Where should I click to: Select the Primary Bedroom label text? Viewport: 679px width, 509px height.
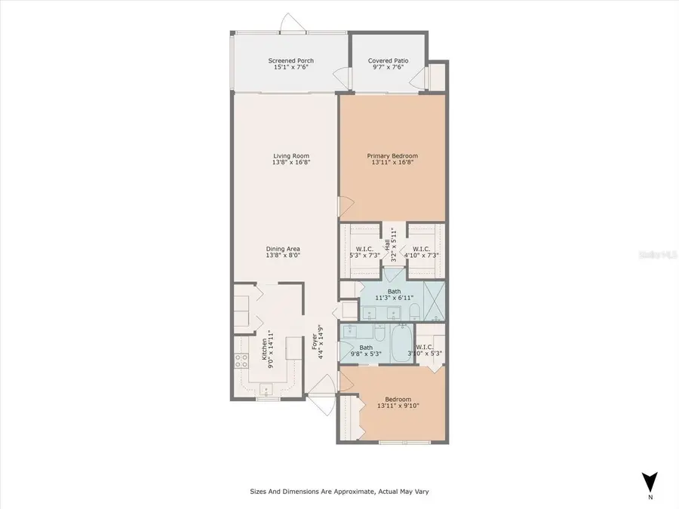[392, 156]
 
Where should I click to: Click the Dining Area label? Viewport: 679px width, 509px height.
[283, 249]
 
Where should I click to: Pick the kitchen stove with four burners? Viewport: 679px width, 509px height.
[242, 360]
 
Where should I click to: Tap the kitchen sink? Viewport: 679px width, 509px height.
[266, 389]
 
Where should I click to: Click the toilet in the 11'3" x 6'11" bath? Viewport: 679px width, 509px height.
[413, 311]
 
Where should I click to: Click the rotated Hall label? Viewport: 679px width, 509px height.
[387, 244]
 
